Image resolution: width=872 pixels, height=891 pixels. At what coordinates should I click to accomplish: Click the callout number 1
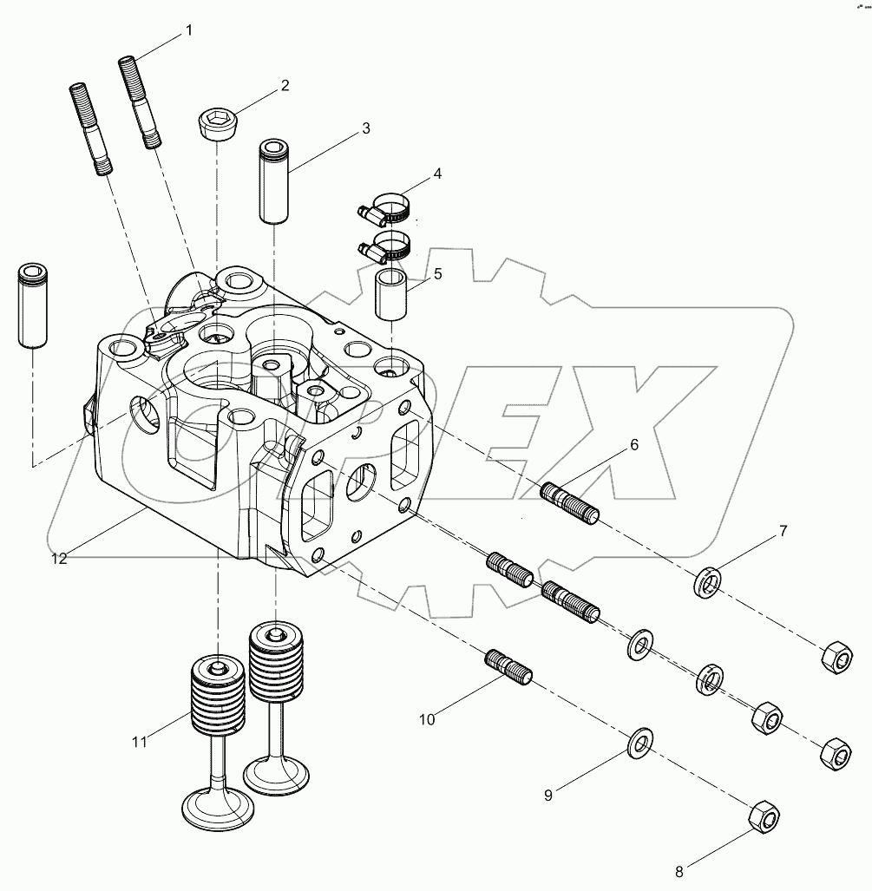[188, 31]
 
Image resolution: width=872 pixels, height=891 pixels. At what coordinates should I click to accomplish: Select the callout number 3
[366, 128]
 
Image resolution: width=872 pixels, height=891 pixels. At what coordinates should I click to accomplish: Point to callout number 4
[437, 174]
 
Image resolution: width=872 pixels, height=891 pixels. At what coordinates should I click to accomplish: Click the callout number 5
[437, 274]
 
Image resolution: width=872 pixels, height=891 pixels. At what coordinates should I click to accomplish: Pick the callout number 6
[634, 445]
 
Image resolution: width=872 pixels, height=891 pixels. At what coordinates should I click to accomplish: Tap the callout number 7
[783, 531]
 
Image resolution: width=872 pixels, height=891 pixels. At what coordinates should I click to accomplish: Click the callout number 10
[427, 718]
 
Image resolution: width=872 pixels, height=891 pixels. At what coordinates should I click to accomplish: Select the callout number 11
[140, 741]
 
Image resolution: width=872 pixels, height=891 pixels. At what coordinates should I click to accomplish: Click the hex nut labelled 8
[764, 816]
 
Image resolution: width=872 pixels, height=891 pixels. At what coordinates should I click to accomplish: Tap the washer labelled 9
[640, 741]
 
